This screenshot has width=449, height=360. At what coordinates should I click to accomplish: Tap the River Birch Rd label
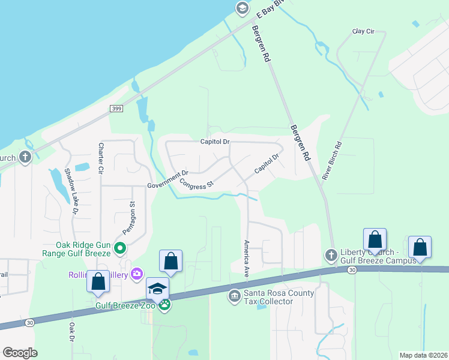pos(331,161)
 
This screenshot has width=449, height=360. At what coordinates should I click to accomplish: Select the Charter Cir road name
pos(101,157)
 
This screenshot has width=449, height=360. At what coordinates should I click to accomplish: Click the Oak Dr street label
pos(71,333)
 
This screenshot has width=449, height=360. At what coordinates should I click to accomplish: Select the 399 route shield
pos(117,108)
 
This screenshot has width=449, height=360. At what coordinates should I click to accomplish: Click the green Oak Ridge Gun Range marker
pos(120,247)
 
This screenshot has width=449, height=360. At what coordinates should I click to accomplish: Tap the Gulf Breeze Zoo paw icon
pos(164,305)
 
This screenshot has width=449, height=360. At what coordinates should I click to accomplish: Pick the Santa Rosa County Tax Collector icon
pos(234,296)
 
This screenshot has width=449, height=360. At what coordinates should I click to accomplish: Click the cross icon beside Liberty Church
pos(331,256)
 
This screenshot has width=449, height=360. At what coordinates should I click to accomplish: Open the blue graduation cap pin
pos(157,289)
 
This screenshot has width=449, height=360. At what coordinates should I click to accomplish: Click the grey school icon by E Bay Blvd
pos(242,8)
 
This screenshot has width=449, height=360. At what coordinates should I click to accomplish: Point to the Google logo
pos(20,353)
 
